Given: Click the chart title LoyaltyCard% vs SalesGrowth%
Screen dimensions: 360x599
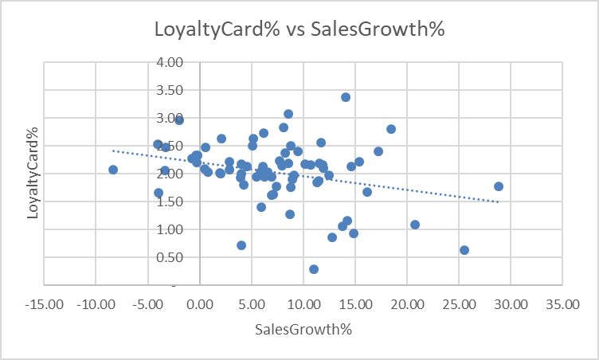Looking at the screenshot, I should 299,29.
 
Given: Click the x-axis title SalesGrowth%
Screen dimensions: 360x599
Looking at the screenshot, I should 303,329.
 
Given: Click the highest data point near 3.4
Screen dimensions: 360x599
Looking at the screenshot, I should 346,97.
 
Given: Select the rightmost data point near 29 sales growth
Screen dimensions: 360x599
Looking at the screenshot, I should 499,186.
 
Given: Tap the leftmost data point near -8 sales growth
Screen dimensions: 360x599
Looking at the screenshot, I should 113,170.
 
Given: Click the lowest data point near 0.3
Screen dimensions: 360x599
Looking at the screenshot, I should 314,269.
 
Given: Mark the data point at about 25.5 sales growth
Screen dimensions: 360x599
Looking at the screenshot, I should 464,250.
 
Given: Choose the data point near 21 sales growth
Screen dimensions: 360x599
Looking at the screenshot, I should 415,225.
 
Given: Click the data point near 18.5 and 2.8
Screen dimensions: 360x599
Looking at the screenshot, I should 391,129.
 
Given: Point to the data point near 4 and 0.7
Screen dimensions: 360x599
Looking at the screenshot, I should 241,245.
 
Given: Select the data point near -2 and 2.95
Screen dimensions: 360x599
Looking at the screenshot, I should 179,120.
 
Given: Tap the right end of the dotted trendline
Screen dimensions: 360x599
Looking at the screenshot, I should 499,202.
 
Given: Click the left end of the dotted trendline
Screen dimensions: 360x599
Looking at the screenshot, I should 113,150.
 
